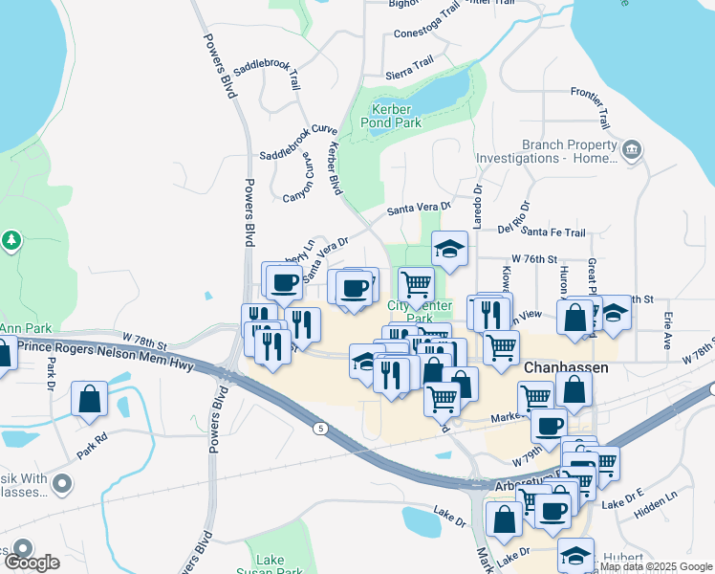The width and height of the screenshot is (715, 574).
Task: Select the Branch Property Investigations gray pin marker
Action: (631, 150)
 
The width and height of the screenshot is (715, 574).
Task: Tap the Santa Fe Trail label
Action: (553, 232)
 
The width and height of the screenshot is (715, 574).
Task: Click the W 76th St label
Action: (533, 259)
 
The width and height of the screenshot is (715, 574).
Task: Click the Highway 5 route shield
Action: (321, 429)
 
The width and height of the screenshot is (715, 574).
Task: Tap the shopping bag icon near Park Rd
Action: (89, 400)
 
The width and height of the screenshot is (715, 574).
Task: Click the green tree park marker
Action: (11, 240)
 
